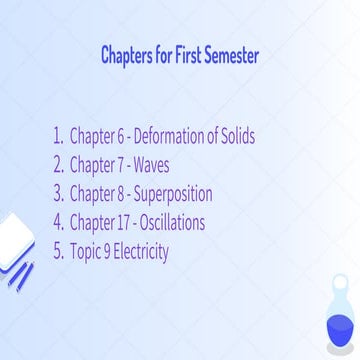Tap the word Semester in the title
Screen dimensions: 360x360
(x=229, y=55)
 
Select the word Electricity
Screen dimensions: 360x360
(x=143, y=251)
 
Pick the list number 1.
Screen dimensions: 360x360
(x=56, y=136)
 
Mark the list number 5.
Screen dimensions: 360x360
(x=57, y=251)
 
